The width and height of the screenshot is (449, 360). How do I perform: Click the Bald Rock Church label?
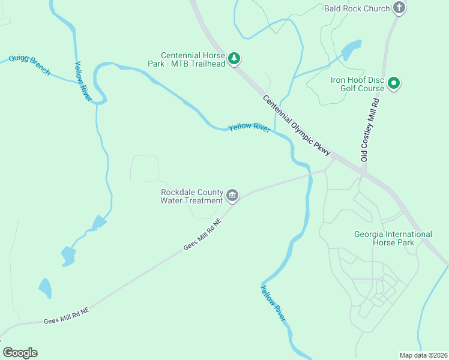point(357,8)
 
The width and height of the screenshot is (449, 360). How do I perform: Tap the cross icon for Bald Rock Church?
point(399,8)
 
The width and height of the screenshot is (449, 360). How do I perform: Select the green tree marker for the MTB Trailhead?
point(235,59)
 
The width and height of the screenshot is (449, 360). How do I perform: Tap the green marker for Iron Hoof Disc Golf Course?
point(394,83)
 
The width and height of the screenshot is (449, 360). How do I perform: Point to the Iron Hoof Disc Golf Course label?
point(357,83)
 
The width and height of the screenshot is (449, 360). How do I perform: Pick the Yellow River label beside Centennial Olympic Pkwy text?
point(249,128)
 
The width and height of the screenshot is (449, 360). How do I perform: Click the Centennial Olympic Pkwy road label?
point(296,127)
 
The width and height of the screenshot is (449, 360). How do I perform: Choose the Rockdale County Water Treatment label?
point(191,196)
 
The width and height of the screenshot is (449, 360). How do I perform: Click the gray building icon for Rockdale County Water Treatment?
point(232,196)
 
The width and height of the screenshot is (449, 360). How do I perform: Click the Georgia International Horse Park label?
point(393,238)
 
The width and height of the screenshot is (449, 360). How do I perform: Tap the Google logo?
point(20,353)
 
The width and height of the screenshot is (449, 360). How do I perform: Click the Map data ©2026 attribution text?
point(423,355)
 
